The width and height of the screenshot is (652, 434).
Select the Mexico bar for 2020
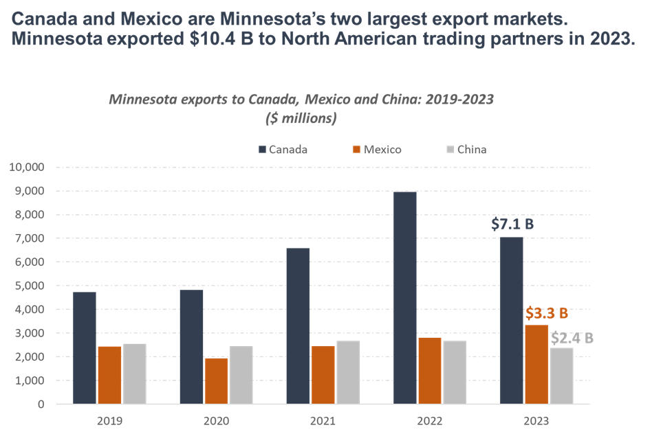tap(216, 380)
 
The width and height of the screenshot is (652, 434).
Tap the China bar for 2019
tap(134, 374)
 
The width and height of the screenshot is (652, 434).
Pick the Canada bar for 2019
tap(85, 347)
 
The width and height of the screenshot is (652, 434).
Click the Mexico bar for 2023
tap(536, 364)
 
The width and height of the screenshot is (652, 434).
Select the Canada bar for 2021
tap(298, 325)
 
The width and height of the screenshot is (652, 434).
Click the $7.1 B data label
tap(513, 223)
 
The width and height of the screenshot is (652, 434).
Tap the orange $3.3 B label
tap(547, 313)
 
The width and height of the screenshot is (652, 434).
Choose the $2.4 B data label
tap(572, 338)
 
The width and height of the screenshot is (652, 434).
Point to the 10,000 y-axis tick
tap(26, 167)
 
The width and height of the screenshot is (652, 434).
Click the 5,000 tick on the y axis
tap(29, 286)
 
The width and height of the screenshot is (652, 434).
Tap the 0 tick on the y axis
tap(41, 404)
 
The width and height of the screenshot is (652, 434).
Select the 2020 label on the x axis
tap(216, 418)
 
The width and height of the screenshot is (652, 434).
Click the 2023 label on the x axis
tap(536, 418)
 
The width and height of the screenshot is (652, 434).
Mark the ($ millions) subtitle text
tap(301, 118)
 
